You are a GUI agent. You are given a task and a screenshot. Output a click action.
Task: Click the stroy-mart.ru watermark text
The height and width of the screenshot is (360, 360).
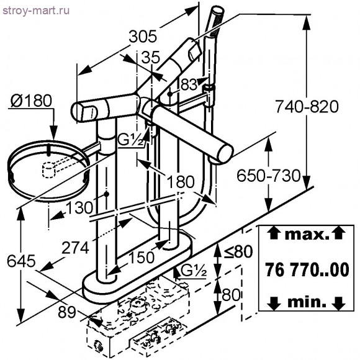click(36, 11)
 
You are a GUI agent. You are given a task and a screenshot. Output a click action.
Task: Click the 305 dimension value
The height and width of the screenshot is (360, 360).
click(143, 37)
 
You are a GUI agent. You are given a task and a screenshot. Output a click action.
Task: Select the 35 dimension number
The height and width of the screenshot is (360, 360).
click(150, 57)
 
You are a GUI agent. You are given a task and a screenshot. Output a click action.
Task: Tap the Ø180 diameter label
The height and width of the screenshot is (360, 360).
click(31, 101)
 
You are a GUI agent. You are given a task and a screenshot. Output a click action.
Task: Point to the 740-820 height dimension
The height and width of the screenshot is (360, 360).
click(307, 107)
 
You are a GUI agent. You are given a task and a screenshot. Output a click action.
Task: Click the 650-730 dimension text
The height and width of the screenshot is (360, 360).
click(269, 176)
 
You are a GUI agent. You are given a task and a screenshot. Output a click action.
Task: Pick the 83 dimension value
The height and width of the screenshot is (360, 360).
click(189, 84)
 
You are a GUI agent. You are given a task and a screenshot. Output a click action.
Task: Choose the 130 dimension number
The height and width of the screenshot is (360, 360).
click(79, 207)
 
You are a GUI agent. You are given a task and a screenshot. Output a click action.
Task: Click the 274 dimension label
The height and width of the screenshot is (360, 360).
click(76, 248)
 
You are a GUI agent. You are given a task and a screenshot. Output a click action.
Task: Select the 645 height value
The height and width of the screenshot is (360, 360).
click(21, 261)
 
